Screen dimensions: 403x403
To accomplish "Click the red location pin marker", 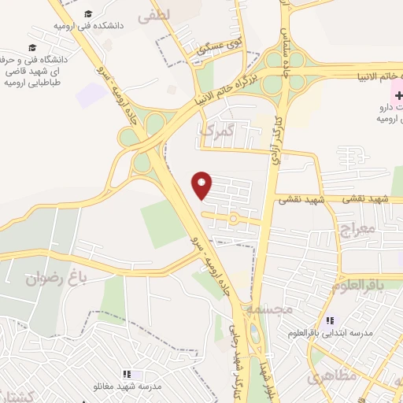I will (x=202, y=185).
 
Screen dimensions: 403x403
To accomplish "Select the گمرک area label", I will (x=216, y=131).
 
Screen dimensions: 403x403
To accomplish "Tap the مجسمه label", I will (x=268, y=309).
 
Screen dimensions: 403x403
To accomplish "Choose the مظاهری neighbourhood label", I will (x=333, y=375).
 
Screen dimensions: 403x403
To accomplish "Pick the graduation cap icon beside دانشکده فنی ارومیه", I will (x=88, y=14).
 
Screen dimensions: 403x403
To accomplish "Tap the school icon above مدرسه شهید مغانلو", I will (x=126, y=374).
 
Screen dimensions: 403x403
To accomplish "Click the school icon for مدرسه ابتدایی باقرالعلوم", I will (x=330, y=320).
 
